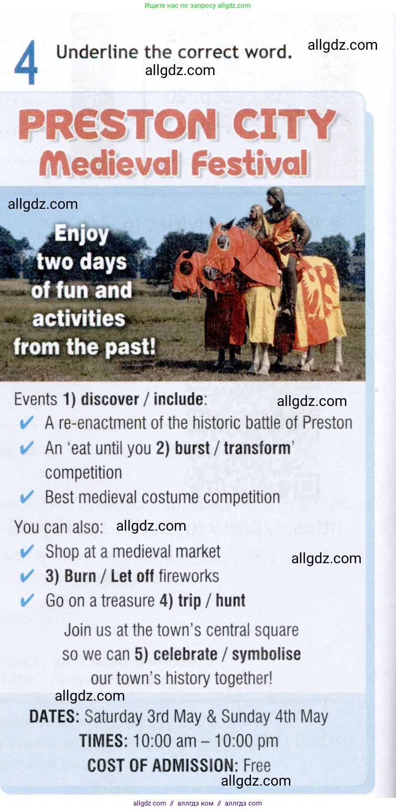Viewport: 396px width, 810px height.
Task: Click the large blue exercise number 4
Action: pyautogui.click(x=26, y=62)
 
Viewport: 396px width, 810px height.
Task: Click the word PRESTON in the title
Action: pyautogui.click(x=117, y=124)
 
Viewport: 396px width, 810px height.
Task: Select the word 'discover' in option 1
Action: pyautogui.click(x=110, y=399)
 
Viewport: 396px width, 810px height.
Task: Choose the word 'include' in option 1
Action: pyautogui.click(x=179, y=399)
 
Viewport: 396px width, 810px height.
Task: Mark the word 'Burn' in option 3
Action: pyautogui.click(x=80, y=576)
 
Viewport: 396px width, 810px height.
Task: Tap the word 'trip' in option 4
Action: pyautogui.click(x=190, y=601)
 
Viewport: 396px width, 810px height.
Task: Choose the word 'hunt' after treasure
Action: pyautogui.click(x=230, y=601)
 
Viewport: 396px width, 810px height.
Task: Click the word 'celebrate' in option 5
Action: pyautogui.click(x=185, y=654)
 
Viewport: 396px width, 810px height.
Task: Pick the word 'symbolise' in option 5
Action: pyautogui.click(x=266, y=654)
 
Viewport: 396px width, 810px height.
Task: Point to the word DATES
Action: pyautogui.click(x=54, y=717)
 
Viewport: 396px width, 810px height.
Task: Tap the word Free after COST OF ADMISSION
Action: pyautogui.click(x=257, y=766)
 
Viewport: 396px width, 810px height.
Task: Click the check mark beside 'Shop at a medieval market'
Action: pyautogui.click(x=27, y=551)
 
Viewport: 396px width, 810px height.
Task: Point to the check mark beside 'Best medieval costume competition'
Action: pyautogui.click(x=27, y=497)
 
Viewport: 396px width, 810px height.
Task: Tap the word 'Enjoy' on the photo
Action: pyautogui.click(x=82, y=234)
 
